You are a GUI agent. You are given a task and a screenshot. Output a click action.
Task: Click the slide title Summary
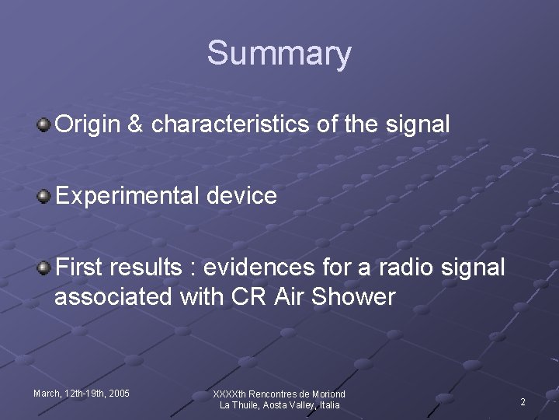tap(279, 54)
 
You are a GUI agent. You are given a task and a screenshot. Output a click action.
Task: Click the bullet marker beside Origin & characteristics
tap(46, 124)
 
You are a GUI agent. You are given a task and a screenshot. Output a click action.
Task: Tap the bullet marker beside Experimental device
tap(46, 195)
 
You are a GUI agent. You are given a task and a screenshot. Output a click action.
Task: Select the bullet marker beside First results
tap(46, 268)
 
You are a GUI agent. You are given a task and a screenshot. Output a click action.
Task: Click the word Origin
tap(87, 124)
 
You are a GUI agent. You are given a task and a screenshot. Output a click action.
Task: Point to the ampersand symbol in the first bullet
tap(135, 124)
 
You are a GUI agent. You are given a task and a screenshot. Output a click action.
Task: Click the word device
tap(243, 196)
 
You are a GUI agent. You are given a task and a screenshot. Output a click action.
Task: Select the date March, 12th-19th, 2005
tap(82, 394)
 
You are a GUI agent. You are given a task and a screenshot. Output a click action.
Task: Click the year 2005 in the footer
tap(119, 394)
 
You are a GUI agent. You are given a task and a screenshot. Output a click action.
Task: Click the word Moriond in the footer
tap(327, 394)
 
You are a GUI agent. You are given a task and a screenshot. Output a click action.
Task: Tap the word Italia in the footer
tap(326, 405)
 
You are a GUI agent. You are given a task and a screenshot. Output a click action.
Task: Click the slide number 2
tap(523, 402)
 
